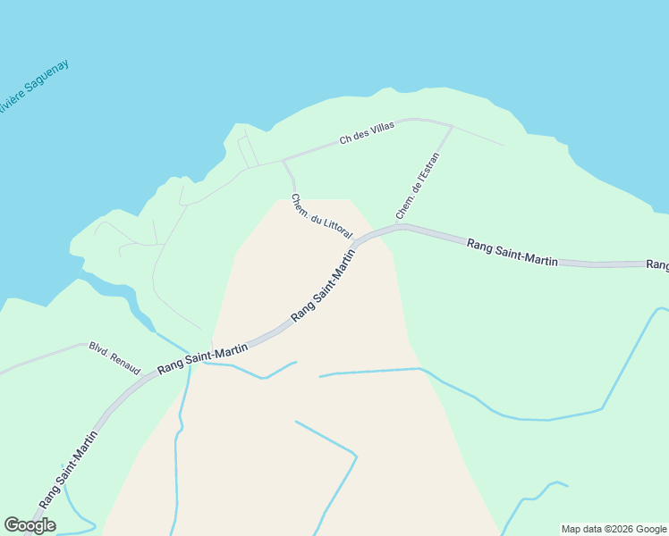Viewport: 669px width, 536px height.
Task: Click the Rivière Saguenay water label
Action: click(33, 87)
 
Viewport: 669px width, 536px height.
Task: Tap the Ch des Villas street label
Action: click(367, 133)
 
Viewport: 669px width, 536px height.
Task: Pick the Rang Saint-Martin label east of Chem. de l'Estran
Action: click(512, 251)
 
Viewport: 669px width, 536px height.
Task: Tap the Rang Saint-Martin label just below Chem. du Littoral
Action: click(323, 285)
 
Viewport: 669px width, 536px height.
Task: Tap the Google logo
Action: click(30, 525)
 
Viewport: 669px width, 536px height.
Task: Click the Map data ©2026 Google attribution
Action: click(614, 529)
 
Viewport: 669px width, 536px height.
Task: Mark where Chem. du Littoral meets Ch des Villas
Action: click(284, 161)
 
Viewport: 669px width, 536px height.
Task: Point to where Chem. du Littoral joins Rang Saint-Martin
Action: click(355, 243)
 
